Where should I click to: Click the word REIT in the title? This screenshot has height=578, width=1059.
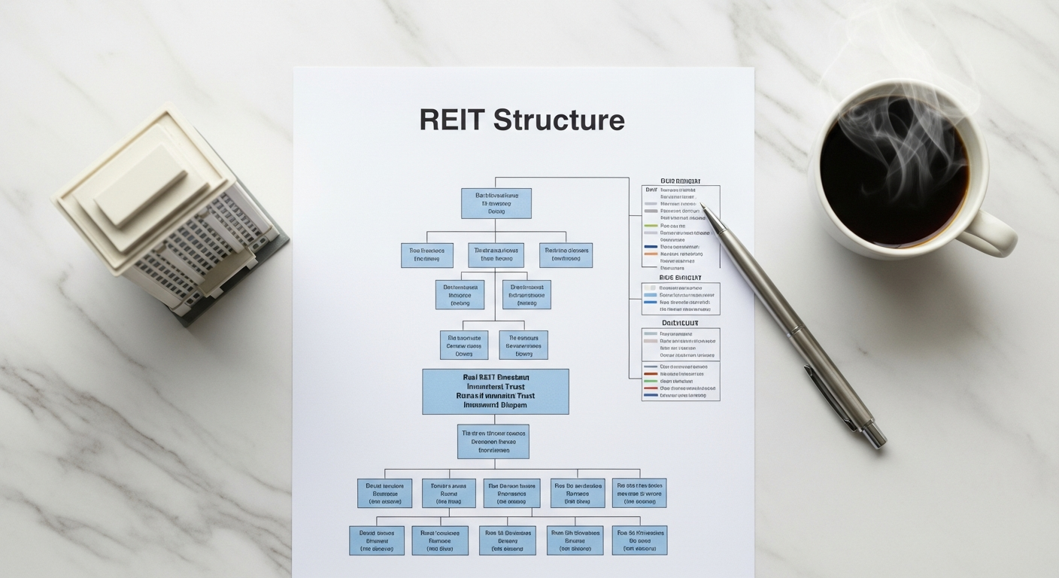pyautogui.click(x=451, y=120)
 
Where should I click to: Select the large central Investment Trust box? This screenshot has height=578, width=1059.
pyautogui.click(x=495, y=391)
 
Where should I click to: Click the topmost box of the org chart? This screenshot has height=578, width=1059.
pyautogui.click(x=496, y=203)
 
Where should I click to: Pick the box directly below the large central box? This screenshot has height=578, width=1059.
pyautogui.click(x=493, y=442)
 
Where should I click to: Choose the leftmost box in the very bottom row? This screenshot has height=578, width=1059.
pyautogui.click(x=376, y=540)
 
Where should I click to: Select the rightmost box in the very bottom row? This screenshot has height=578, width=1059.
pyautogui.click(x=639, y=540)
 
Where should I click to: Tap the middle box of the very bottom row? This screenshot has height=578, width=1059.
pyautogui.click(x=507, y=540)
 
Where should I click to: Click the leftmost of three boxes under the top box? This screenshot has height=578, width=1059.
pyautogui.click(x=426, y=255)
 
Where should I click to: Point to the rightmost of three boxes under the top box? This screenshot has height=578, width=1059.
pyautogui.click(x=566, y=255)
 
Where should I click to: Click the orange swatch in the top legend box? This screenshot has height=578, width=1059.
pyautogui.click(x=651, y=254)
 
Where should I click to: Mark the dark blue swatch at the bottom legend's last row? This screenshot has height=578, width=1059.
pyautogui.click(x=651, y=394)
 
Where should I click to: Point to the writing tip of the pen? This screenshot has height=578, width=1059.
pyautogui.click(x=702, y=205)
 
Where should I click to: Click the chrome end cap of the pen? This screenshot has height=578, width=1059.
pyautogui.click(x=875, y=437)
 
